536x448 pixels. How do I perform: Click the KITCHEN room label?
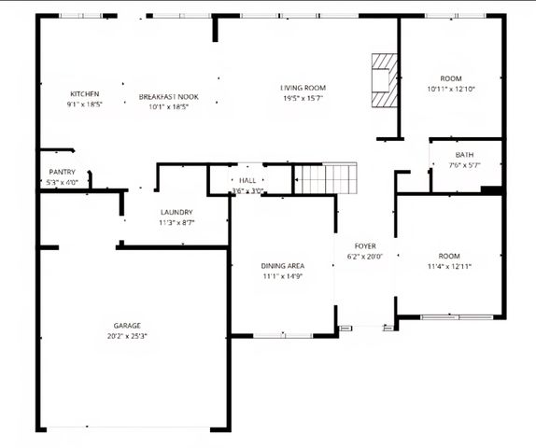(84, 94)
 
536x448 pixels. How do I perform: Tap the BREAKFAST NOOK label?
(169, 96)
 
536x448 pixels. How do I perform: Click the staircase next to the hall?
(327, 177)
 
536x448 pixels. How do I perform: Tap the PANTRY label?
(62, 173)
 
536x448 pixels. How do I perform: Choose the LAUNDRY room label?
(176, 212)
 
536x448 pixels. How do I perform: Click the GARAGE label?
(127, 326)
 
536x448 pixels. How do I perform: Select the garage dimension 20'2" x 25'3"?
(127, 336)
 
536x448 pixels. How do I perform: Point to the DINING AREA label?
(282, 266)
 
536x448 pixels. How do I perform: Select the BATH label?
(464, 155)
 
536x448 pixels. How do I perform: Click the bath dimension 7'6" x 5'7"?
(464, 165)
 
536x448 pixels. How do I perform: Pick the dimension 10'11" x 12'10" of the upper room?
(451, 89)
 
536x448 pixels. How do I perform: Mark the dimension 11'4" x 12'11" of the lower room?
(450, 266)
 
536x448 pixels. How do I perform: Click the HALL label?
(247, 180)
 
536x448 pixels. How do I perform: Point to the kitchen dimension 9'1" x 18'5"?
(84, 105)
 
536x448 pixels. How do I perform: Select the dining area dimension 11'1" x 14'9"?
(282, 276)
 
